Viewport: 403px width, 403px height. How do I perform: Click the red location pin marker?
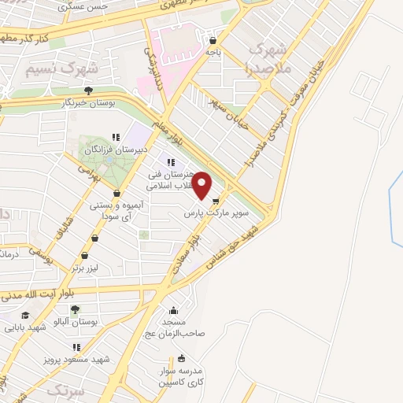(x=202, y=185)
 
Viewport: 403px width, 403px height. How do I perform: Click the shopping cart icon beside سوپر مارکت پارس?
(x=216, y=201)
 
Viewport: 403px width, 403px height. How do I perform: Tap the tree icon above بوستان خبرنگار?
(x=88, y=91)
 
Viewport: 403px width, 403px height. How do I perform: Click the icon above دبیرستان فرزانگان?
(x=116, y=137)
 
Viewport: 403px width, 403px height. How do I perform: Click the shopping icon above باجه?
(x=213, y=39)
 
